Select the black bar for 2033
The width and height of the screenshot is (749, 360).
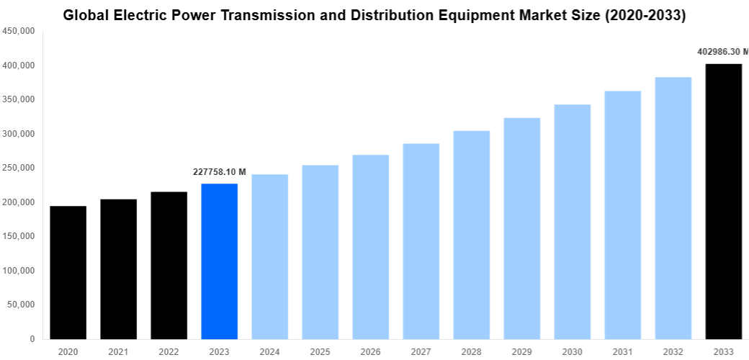coord(723,201)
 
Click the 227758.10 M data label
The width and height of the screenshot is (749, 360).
coord(220,172)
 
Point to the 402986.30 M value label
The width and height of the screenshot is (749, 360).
coord(722,52)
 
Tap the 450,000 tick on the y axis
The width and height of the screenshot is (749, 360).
coord(19,32)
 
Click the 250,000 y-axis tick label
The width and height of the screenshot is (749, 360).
coord(19,168)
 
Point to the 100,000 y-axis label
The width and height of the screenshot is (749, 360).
coord(19,271)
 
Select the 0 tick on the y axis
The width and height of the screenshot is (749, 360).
coord(32,339)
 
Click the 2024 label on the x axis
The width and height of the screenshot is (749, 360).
coord(269,351)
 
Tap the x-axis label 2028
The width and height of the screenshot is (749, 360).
coord(471,351)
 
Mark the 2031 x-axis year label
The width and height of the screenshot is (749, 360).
coord(622,351)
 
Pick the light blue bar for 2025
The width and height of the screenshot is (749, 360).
coord(320,251)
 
